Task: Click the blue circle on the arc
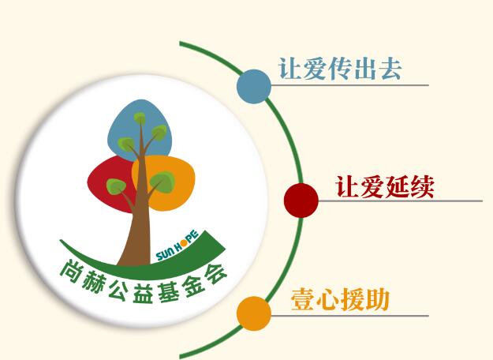coord(254,87)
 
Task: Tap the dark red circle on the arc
coord(301,201)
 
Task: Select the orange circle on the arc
coord(254,313)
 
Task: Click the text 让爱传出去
coord(340,69)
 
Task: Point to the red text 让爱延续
coord(385,187)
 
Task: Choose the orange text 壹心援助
coord(340,300)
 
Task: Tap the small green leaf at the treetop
coord(140,118)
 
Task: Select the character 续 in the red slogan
coord(422,187)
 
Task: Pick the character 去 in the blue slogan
coord(390,69)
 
